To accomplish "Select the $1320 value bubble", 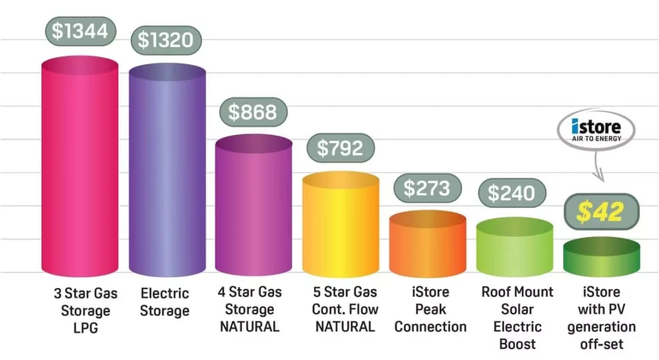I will tap(166, 40).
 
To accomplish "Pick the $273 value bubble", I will tap(427, 188).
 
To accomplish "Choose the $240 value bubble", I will tap(512, 193).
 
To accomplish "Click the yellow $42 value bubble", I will tap(600, 211).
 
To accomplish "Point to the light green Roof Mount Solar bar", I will tap(514, 248).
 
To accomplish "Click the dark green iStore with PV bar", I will tap(601, 257).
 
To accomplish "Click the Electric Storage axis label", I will tap(165, 302).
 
